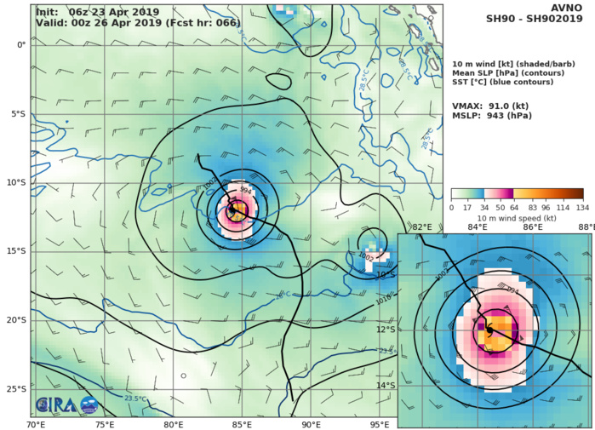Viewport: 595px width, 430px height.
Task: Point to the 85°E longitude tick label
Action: pos(242,424)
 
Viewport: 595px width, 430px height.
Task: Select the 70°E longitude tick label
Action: pos(36,424)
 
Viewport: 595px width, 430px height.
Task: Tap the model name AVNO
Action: pos(571,9)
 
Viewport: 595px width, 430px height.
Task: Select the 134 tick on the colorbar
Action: pos(583,207)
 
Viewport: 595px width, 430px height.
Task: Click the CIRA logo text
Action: pos(54,405)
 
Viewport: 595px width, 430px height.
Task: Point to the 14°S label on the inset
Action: pos(409,386)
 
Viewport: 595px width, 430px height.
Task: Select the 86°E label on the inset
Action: pos(533,226)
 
